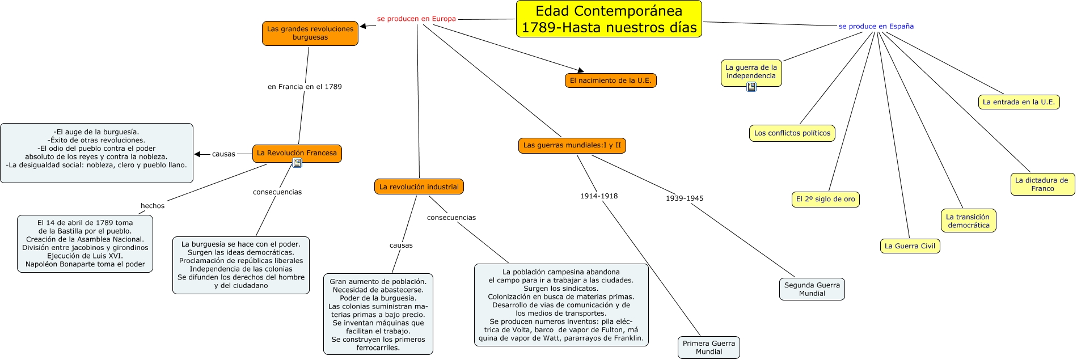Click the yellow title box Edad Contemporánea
[609, 19]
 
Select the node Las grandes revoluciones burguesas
[310, 33]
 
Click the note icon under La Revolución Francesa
[297, 163]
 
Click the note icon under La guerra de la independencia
[751, 87]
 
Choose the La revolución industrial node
[419, 187]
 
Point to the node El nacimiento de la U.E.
[610, 81]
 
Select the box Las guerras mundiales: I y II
[572, 145]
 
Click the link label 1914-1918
[599, 196]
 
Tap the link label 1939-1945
[685, 198]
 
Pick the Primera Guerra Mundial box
[708, 348]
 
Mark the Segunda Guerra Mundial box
[812, 289]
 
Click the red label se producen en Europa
[416, 19]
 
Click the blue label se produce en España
[876, 26]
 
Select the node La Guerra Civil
[910, 246]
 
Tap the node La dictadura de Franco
[1042, 184]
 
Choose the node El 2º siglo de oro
[825, 199]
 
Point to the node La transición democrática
[968, 221]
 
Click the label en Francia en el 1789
[305, 87]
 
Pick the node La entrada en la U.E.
[1019, 102]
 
